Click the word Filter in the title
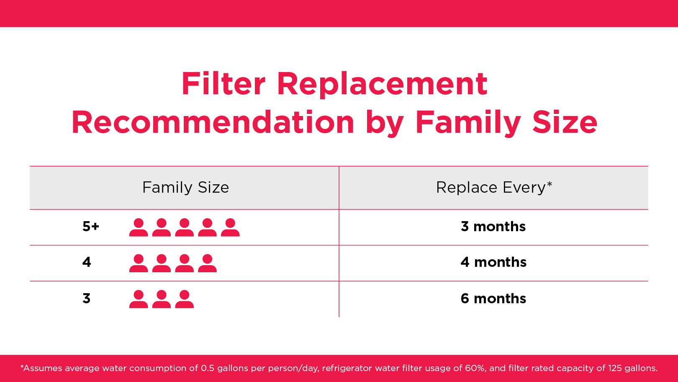223,83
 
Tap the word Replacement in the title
382,86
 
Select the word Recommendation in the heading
213,122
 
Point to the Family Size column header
185,188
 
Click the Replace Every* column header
494,187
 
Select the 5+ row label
91,226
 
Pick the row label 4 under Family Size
87,262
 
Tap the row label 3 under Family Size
87,298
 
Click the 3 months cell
493,227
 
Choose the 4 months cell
493,262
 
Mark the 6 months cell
493,299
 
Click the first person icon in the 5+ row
139,227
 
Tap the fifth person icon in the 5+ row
230,227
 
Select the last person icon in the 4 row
207,263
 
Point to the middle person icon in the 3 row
161,299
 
